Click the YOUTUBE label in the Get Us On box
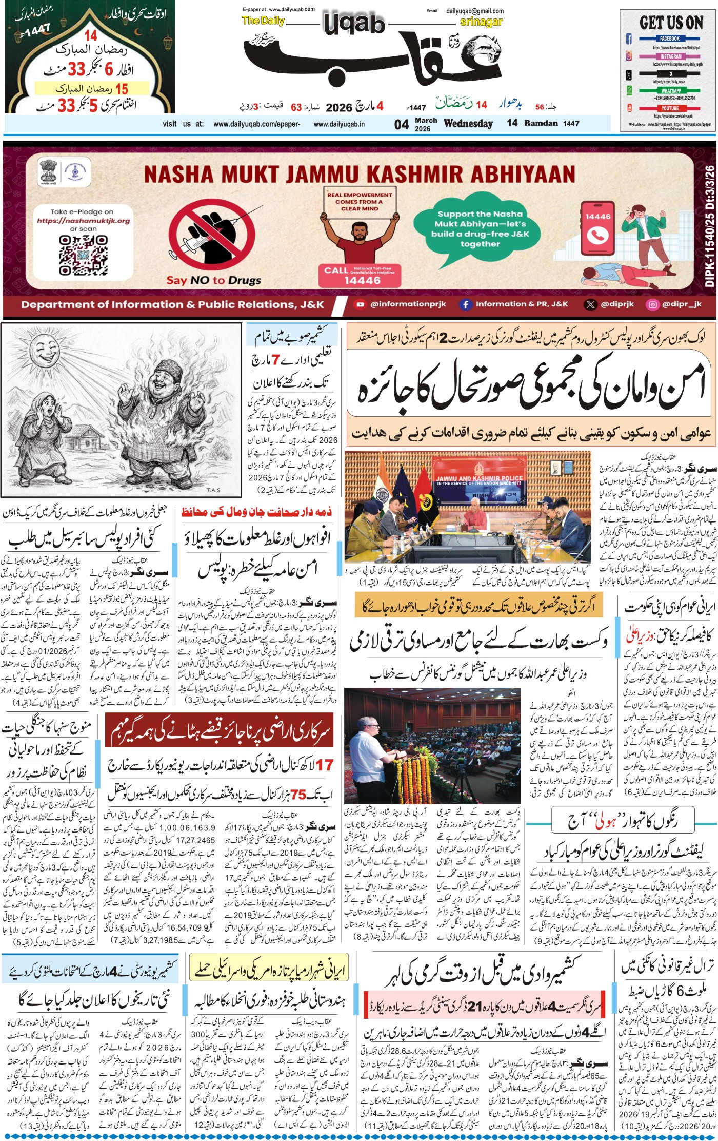pos(669,108)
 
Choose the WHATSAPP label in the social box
pos(670,90)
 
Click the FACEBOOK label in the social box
pos(669,38)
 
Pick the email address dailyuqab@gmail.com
pos(474,11)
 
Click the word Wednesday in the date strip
pos(468,124)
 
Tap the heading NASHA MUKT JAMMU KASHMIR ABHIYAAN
pos(359,174)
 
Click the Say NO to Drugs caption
pos(213,280)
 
